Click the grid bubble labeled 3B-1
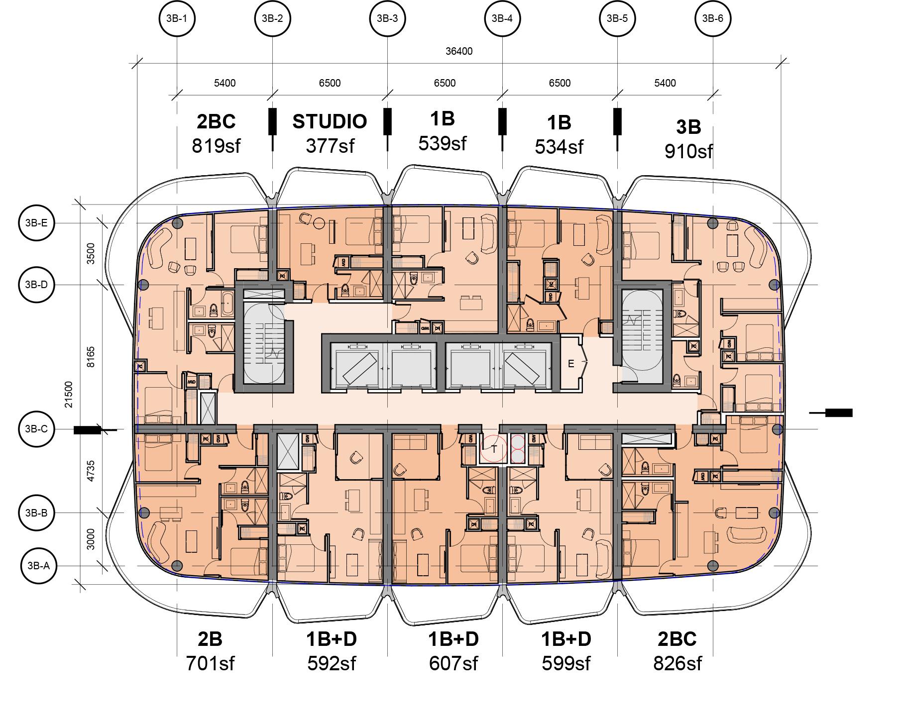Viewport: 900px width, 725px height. pos(177,19)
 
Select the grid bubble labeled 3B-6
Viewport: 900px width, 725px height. pos(712,19)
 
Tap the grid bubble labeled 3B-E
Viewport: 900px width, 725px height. pos(36,223)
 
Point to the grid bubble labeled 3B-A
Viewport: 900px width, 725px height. pos(39,566)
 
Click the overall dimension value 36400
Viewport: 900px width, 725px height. pos(458,51)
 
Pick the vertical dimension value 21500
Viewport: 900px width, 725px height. pos(69,394)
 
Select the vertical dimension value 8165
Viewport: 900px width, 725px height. pos(91,357)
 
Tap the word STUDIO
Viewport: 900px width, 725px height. pos(330,121)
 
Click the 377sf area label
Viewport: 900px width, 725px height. pos(330,146)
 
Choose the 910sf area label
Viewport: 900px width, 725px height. pos(688,151)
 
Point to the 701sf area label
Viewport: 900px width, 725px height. pos(210,663)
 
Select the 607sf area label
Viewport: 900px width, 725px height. pos(453,663)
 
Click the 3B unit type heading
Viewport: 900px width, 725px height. pos(688,127)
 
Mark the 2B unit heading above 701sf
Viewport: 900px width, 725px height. pos(210,639)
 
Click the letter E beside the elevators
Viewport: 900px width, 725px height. pos(571,364)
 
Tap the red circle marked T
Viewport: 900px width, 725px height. pos(494,449)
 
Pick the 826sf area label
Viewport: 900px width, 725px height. pos(677,663)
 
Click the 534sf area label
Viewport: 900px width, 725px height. pos(559,147)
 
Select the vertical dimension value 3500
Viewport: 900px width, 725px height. pos(91,254)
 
